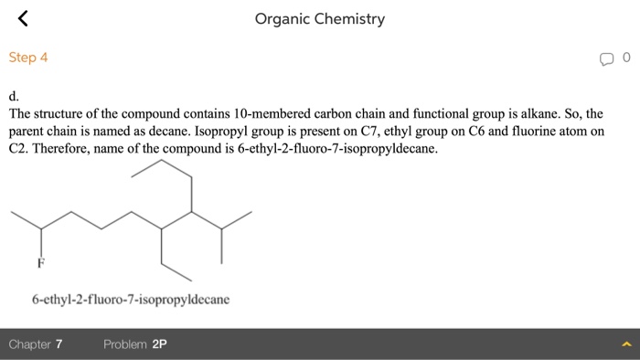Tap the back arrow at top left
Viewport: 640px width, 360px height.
(x=24, y=17)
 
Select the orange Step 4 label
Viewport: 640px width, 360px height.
(x=28, y=58)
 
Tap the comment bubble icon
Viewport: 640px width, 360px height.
(x=607, y=58)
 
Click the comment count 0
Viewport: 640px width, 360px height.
(x=626, y=58)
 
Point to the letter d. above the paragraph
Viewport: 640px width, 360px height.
(x=14, y=95)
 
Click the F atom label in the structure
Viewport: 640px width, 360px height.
(x=40, y=263)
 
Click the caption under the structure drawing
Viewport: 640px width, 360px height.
(x=131, y=299)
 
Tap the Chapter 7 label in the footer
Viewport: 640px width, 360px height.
(x=36, y=344)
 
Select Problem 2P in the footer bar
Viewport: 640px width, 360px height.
(x=135, y=344)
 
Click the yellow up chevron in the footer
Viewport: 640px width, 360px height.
(x=626, y=344)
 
